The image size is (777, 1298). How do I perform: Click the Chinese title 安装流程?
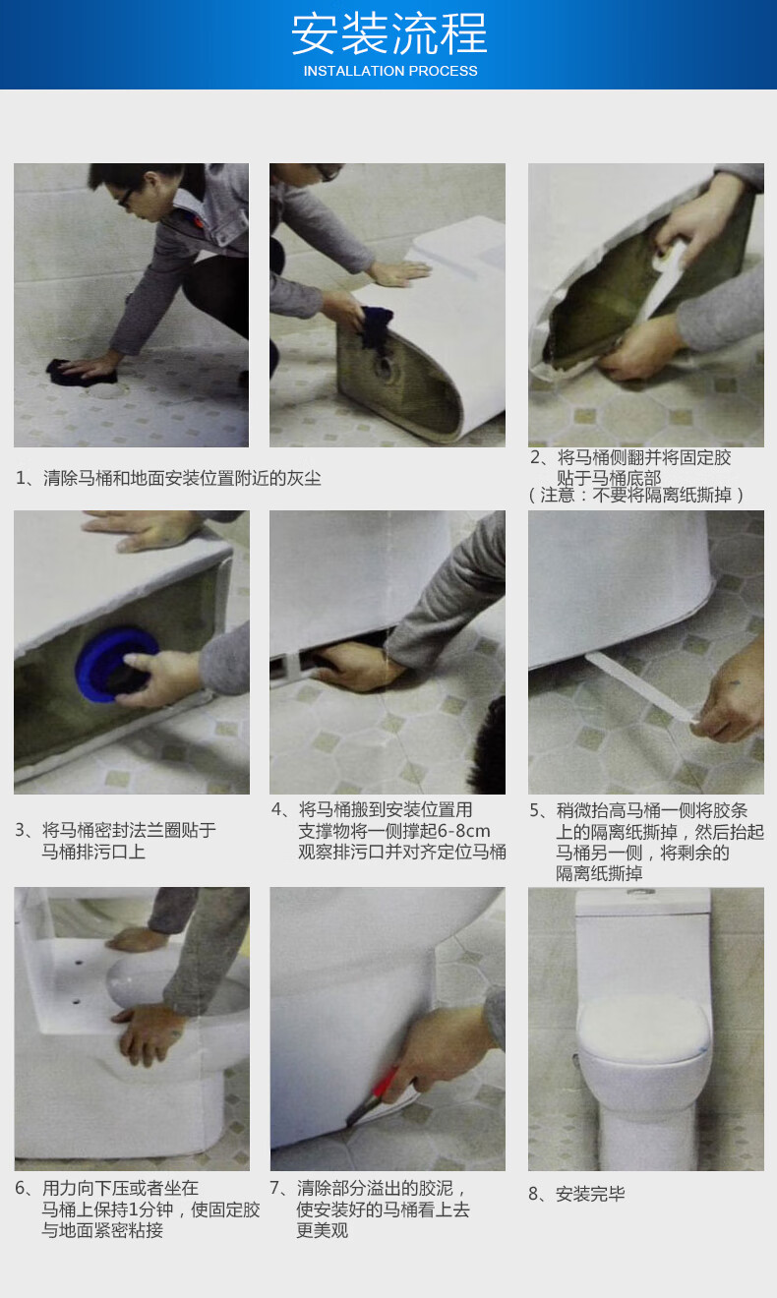(x=388, y=33)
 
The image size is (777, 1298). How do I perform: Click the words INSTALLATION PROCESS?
(x=390, y=71)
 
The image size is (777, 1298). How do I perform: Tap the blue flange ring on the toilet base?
(x=116, y=664)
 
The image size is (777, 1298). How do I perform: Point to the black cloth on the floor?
(x=79, y=373)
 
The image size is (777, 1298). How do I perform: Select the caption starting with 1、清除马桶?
(x=168, y=478)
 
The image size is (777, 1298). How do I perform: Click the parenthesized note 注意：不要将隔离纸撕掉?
(x=635, y=495)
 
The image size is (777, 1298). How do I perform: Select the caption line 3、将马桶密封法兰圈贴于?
(x=115, y=830)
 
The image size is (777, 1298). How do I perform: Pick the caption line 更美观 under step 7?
(x=323, y=1229)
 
